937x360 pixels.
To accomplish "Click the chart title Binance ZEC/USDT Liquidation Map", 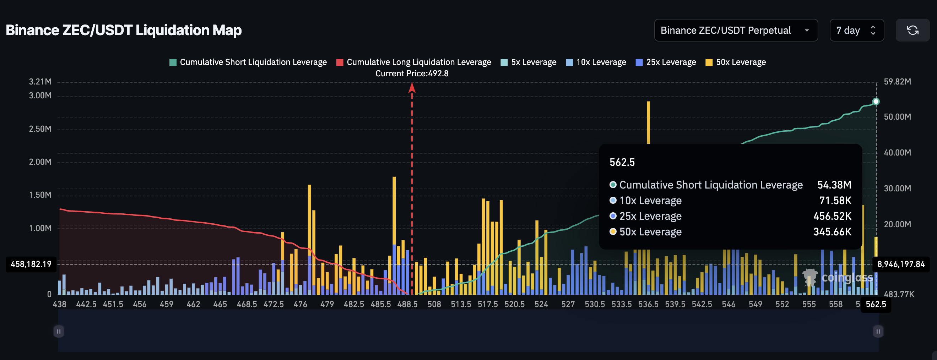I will pyautogui.click(x=124, y=30).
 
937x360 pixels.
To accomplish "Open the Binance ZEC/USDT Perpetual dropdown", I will pyautogui.click(x=736, y=30).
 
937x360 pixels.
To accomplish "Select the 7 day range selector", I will pyautogui.click(x=856, y=30).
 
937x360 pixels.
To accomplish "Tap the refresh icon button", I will pyautogui.click(x=912, y=30).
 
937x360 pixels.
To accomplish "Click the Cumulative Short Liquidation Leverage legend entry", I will pyautogui.click(x=248, y=62).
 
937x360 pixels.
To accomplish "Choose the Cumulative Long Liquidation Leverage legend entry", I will pyautogui.click(x=413, y=62).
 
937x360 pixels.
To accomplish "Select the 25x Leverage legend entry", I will pyautogui.click(x=666, y=62).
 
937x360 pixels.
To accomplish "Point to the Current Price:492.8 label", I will pyautogui.click(x=412, y=73).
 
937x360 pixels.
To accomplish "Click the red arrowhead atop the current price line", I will pyautogui.click(x=412, y=87).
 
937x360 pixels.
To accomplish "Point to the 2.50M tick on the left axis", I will pyautogui.click(x=40, y=129).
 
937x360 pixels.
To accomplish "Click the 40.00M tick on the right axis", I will pyautogui.click(x=897, y=153).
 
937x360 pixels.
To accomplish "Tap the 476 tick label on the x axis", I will pyautogui.click(x=300, y=304).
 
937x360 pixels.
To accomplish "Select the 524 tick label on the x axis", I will pyautogui.click(x=541, y=304).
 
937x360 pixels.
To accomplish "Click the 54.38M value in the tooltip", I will pyautogui.click(x=834, y=185).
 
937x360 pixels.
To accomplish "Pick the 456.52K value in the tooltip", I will pyautogui.click(x=832, y=216).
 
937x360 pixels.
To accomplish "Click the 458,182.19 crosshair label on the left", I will pyautogui.click(x=31, y=264).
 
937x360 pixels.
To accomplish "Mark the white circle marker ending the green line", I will pyautogui.click(x=876, y=102).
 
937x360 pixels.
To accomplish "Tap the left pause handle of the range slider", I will pyautogui.click(x=59, y=331).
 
